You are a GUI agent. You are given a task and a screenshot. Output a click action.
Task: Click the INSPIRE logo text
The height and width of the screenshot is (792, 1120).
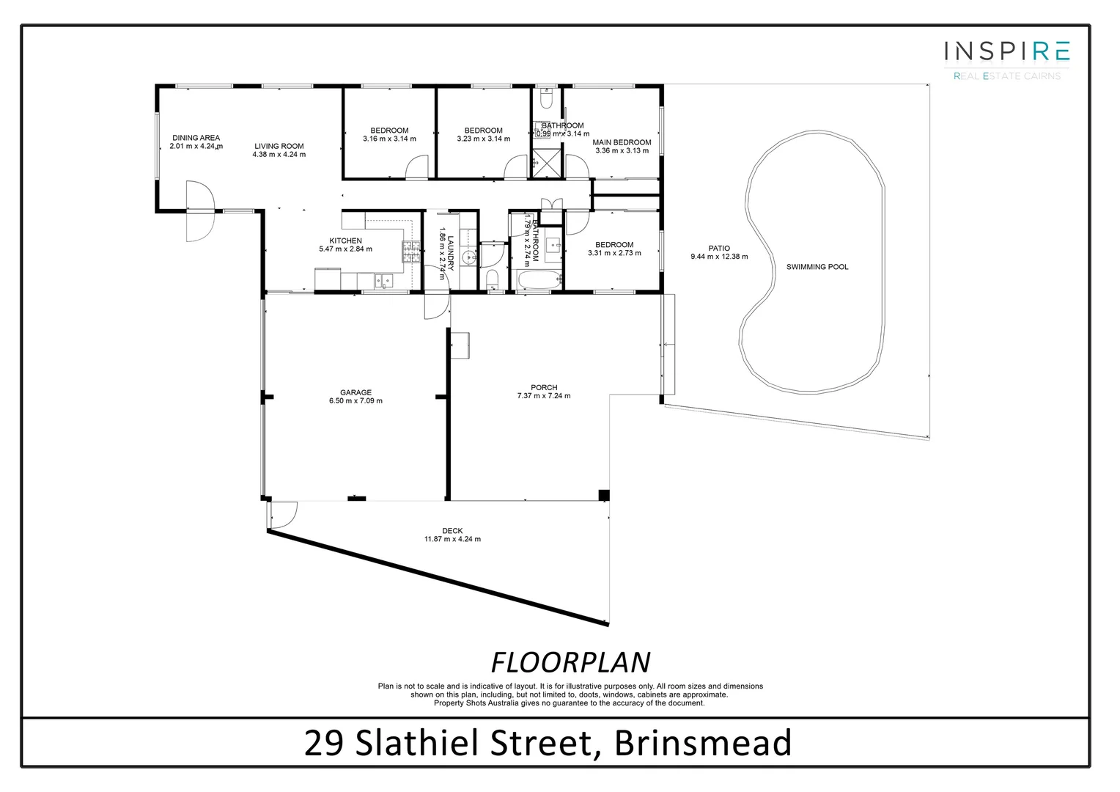(x=1006, y=51)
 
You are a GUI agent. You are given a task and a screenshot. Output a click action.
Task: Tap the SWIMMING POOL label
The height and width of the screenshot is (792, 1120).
(x=817, y=267)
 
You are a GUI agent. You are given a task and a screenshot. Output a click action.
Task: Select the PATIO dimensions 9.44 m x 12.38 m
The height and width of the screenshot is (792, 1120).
(x=718, y=257)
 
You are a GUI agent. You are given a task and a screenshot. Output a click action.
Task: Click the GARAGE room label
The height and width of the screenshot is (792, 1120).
(x=355, y=392)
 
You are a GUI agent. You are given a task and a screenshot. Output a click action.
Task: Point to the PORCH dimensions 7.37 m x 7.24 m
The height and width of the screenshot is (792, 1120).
(x=543, y=396)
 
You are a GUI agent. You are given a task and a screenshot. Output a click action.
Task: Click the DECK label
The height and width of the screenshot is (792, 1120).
(x=452, y=531)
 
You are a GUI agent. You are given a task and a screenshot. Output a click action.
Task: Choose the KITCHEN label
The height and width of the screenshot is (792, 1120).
(x=345, y=241)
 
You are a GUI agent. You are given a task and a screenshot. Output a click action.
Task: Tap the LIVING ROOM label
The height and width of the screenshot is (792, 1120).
(x=279, y=146)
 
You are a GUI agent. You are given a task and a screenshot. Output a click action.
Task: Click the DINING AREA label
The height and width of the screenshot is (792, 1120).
(x=196, y=137)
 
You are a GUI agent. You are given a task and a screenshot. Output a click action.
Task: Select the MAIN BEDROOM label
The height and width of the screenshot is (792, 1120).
(x=622, y=142)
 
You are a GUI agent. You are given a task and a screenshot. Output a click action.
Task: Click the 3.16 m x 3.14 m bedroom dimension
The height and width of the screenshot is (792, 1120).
(x=389, y=139)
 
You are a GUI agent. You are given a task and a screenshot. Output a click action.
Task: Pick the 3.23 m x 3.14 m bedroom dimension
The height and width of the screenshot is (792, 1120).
(x=483, y=139)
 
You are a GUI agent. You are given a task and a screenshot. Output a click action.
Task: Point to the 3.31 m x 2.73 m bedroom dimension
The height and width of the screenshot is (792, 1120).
(x=614, y=253)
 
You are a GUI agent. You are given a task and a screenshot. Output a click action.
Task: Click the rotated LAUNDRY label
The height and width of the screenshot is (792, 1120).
(x=451, y=252)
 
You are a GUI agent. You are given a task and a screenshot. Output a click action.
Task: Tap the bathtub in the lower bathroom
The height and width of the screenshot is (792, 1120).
(x=539, y=279)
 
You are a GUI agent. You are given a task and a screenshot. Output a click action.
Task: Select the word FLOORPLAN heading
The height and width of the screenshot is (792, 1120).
(x=570, y=662)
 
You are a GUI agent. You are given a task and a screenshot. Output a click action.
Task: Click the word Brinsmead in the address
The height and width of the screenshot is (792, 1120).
(x=703, y=743)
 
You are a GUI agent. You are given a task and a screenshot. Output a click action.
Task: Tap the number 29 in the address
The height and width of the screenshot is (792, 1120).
(x=323, y=743)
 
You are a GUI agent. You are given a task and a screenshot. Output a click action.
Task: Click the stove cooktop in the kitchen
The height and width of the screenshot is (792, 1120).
(x=410, y=253)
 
